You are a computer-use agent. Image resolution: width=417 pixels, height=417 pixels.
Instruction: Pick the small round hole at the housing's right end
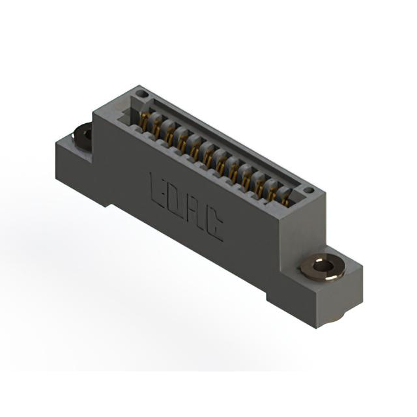tap(309, 190)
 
